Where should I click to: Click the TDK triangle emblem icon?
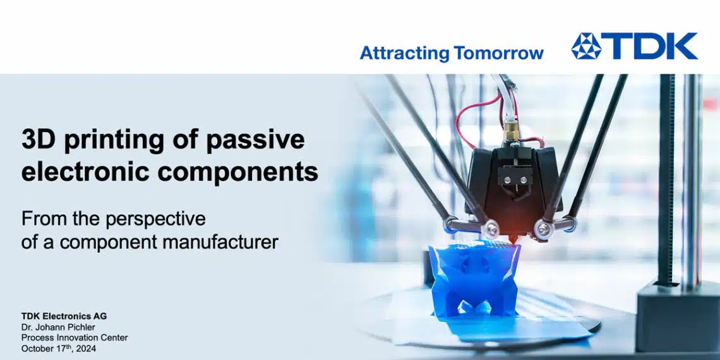(586, 46)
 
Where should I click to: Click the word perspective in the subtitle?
(155, 220)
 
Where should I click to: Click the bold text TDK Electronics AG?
(64, 316)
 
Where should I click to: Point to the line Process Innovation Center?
(75, 338)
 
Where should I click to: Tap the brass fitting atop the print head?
(511, 130)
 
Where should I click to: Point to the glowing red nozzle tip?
(510, 237)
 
